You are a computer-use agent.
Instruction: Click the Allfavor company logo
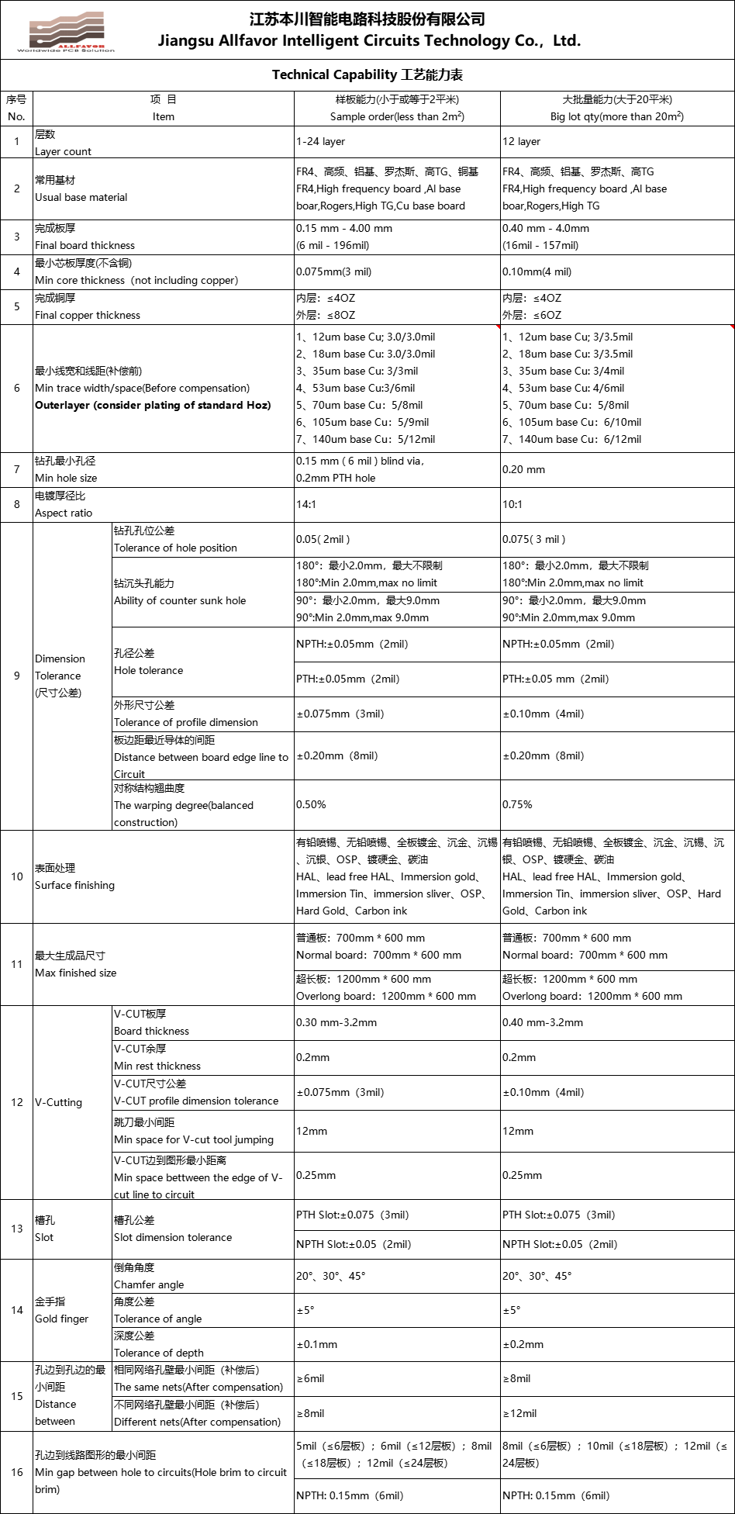(x=66, y=33)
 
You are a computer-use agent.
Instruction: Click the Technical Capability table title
(x=367, y=75)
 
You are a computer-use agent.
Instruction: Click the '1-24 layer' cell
(x=320, y=142)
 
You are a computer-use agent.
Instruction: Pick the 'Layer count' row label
(x=63, y=151)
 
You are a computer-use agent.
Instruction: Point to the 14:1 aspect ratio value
(x=305, y=505)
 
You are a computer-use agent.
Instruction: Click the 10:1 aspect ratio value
(x=512, y=505)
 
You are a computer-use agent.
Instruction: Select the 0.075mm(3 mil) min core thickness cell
(x=333, y=272)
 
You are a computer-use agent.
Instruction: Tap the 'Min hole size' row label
(x=66, y=478)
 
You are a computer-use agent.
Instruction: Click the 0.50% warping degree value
(x=311, y=805)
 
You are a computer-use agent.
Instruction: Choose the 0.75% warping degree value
(x=517, y=805)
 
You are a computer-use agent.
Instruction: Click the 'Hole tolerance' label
(x=148, y=670)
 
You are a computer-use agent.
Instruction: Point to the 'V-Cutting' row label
(x=58, y=1102)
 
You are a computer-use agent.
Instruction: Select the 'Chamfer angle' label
(x=149, y=1284)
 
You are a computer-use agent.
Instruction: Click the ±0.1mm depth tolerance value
(x=316, y=1344)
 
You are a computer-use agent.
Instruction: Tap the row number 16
(x=17, y=1472)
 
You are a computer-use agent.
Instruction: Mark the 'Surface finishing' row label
(x=74, y=885)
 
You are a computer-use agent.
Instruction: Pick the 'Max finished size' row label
(x=75, y=973)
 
